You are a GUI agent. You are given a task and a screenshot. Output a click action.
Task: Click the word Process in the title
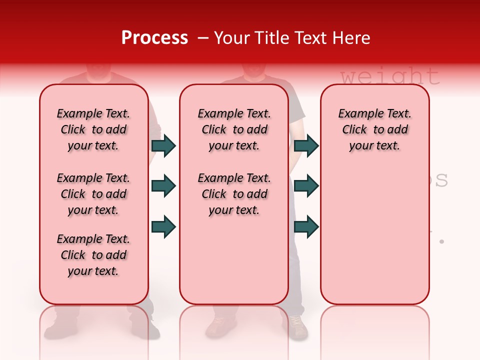point(154,38)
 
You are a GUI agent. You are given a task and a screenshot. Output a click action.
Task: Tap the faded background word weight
point(390,76)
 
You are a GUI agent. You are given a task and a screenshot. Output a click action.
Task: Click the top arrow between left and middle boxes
point(163,145)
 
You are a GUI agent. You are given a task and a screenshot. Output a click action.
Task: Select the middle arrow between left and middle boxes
point(163,186)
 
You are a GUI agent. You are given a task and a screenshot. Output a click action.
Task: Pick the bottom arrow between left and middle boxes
point(163,226)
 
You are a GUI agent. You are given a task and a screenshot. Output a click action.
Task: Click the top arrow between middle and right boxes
point(306,145)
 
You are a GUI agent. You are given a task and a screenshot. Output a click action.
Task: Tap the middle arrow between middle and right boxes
point(306,186)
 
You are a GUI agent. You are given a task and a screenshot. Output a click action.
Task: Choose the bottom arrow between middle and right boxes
point(306,226)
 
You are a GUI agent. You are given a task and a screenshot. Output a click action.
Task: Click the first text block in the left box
point(93,129)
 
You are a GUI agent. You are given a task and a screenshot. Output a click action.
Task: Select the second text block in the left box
point(93,194)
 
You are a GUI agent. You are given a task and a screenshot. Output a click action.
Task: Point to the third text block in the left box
point(93,255)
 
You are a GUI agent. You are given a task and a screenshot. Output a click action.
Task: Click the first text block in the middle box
point(234,129)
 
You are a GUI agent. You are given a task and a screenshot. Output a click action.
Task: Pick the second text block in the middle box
point(234,194)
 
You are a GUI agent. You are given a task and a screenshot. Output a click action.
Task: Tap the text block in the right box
point(374,129)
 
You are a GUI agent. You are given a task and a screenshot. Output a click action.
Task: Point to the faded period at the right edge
point(441,241)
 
